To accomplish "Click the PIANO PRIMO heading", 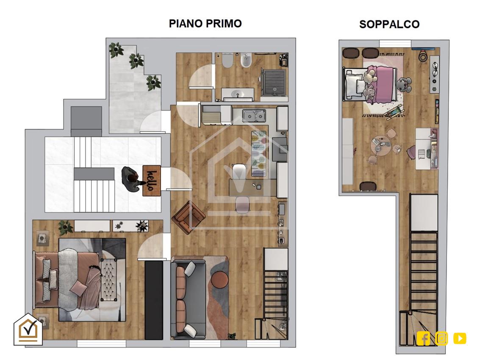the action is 205,24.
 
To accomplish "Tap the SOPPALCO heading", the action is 389,25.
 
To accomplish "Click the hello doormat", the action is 152,180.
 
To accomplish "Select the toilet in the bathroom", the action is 228,60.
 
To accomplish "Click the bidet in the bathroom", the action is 246,60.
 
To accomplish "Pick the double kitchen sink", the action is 254,116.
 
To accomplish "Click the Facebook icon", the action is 423,338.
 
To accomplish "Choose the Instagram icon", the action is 441,338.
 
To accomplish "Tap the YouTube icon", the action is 460,338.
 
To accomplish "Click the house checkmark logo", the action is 28,329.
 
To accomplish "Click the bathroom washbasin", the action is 238,94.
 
